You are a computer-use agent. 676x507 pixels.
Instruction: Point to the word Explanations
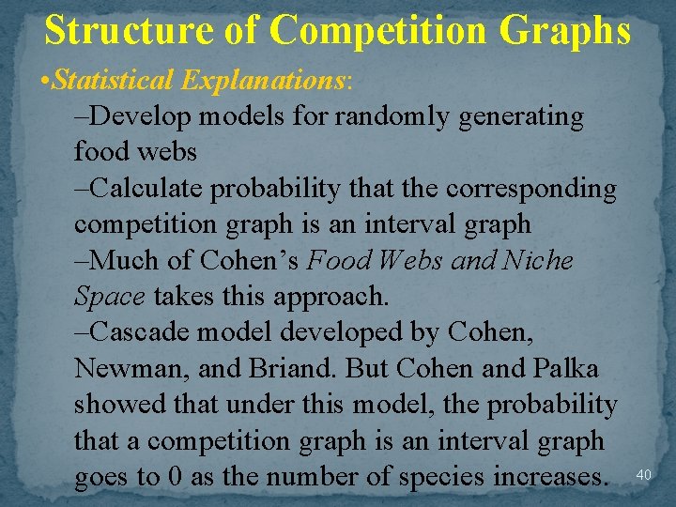click(264, 81)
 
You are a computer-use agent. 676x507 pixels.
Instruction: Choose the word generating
click(511, 117)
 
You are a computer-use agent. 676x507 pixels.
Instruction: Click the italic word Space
click(110, 296)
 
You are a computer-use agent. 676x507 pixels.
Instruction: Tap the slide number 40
click(644, 475)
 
